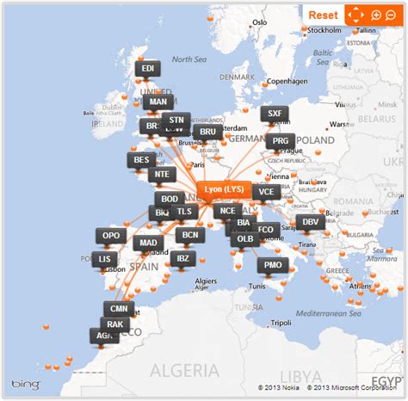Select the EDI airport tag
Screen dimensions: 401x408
tap(147, 68)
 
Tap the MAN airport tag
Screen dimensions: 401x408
tap(158, 101)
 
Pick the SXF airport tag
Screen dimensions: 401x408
tap(275, 114)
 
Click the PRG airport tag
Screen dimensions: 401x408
tap(281, 141)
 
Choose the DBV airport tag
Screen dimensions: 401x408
tap(311, 222)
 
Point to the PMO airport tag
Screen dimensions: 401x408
tap(273, 265)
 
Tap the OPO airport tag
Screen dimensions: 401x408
tap(112, 235)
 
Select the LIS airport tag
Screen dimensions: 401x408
tap(106, 258)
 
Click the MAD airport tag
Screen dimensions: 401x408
tap(148, 243)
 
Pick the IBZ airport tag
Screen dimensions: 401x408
tap(182, 257)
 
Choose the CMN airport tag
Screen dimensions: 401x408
tap(118, 307)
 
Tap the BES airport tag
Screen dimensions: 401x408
tap(141, 159)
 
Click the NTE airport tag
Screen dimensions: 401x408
tap(162, 174)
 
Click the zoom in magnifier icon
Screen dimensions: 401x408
tap(376, 15)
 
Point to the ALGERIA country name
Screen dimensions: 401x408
tap(182, 370)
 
